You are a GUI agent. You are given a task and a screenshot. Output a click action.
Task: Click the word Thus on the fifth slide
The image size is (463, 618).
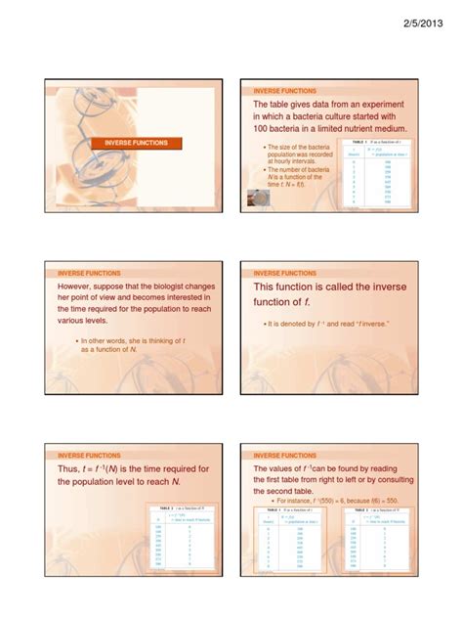[71, 469]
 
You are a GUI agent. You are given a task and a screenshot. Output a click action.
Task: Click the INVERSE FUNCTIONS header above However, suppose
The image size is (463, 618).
[89, 273]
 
